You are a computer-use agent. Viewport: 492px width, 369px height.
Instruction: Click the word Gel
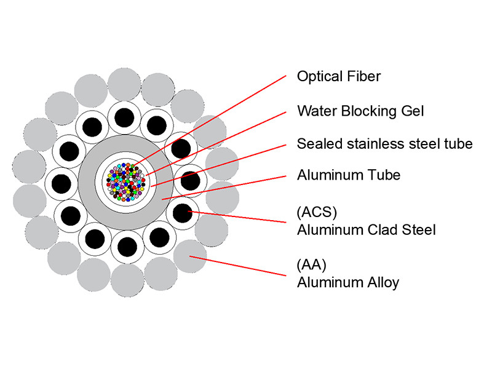coord(411,111)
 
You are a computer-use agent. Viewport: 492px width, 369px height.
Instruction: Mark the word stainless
coord(371,144)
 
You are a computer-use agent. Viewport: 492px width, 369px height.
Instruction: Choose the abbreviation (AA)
coord(311,266)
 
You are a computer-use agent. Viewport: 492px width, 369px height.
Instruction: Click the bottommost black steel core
coord(127,247)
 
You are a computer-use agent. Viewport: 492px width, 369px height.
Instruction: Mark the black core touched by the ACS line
coord(182,213)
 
